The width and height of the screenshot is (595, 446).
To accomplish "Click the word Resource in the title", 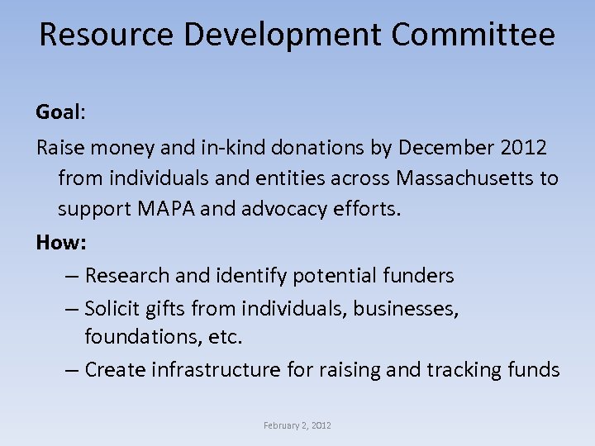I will click(x=106, y=36).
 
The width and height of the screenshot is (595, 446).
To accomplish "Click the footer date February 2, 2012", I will click(x=297, y=425).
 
